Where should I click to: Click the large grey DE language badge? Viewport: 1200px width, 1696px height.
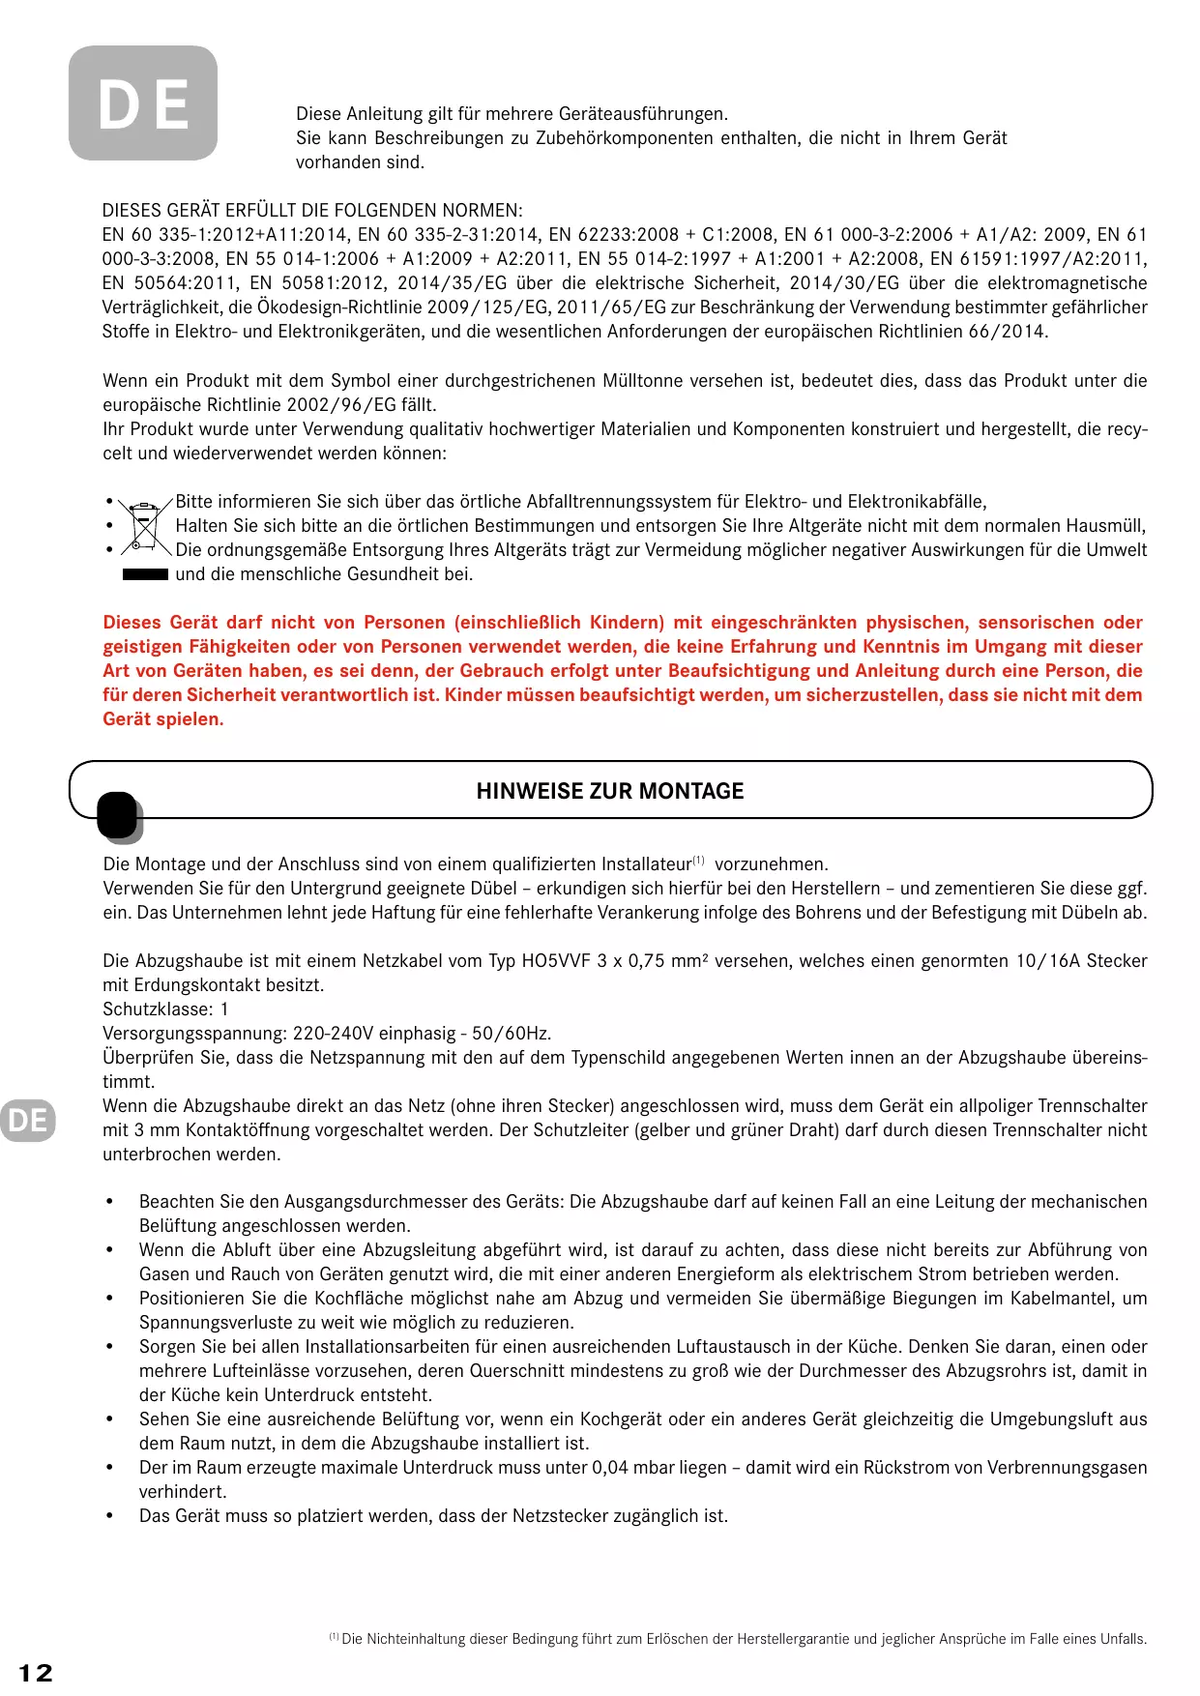pyautogui.click(x=143, y=103)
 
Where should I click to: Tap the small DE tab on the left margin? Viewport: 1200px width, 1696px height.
pyautogui.click(x=27, y=1120)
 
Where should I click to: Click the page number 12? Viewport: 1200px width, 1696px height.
pyautogui.click(x=36, y=1673)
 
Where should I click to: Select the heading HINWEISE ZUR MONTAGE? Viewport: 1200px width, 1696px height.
pyautogui.click(x=610, y=791)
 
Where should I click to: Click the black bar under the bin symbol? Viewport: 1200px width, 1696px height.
pyautogui.click(x=145, y=574)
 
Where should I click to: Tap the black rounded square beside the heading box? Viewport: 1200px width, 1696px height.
pyautogui.click(x=118, y=815)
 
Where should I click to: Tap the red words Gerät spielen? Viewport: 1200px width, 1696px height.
pyautogui.click(x=162, y=719)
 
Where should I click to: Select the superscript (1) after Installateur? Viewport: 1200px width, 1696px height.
pyautogui.click(x=698, y=861)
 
